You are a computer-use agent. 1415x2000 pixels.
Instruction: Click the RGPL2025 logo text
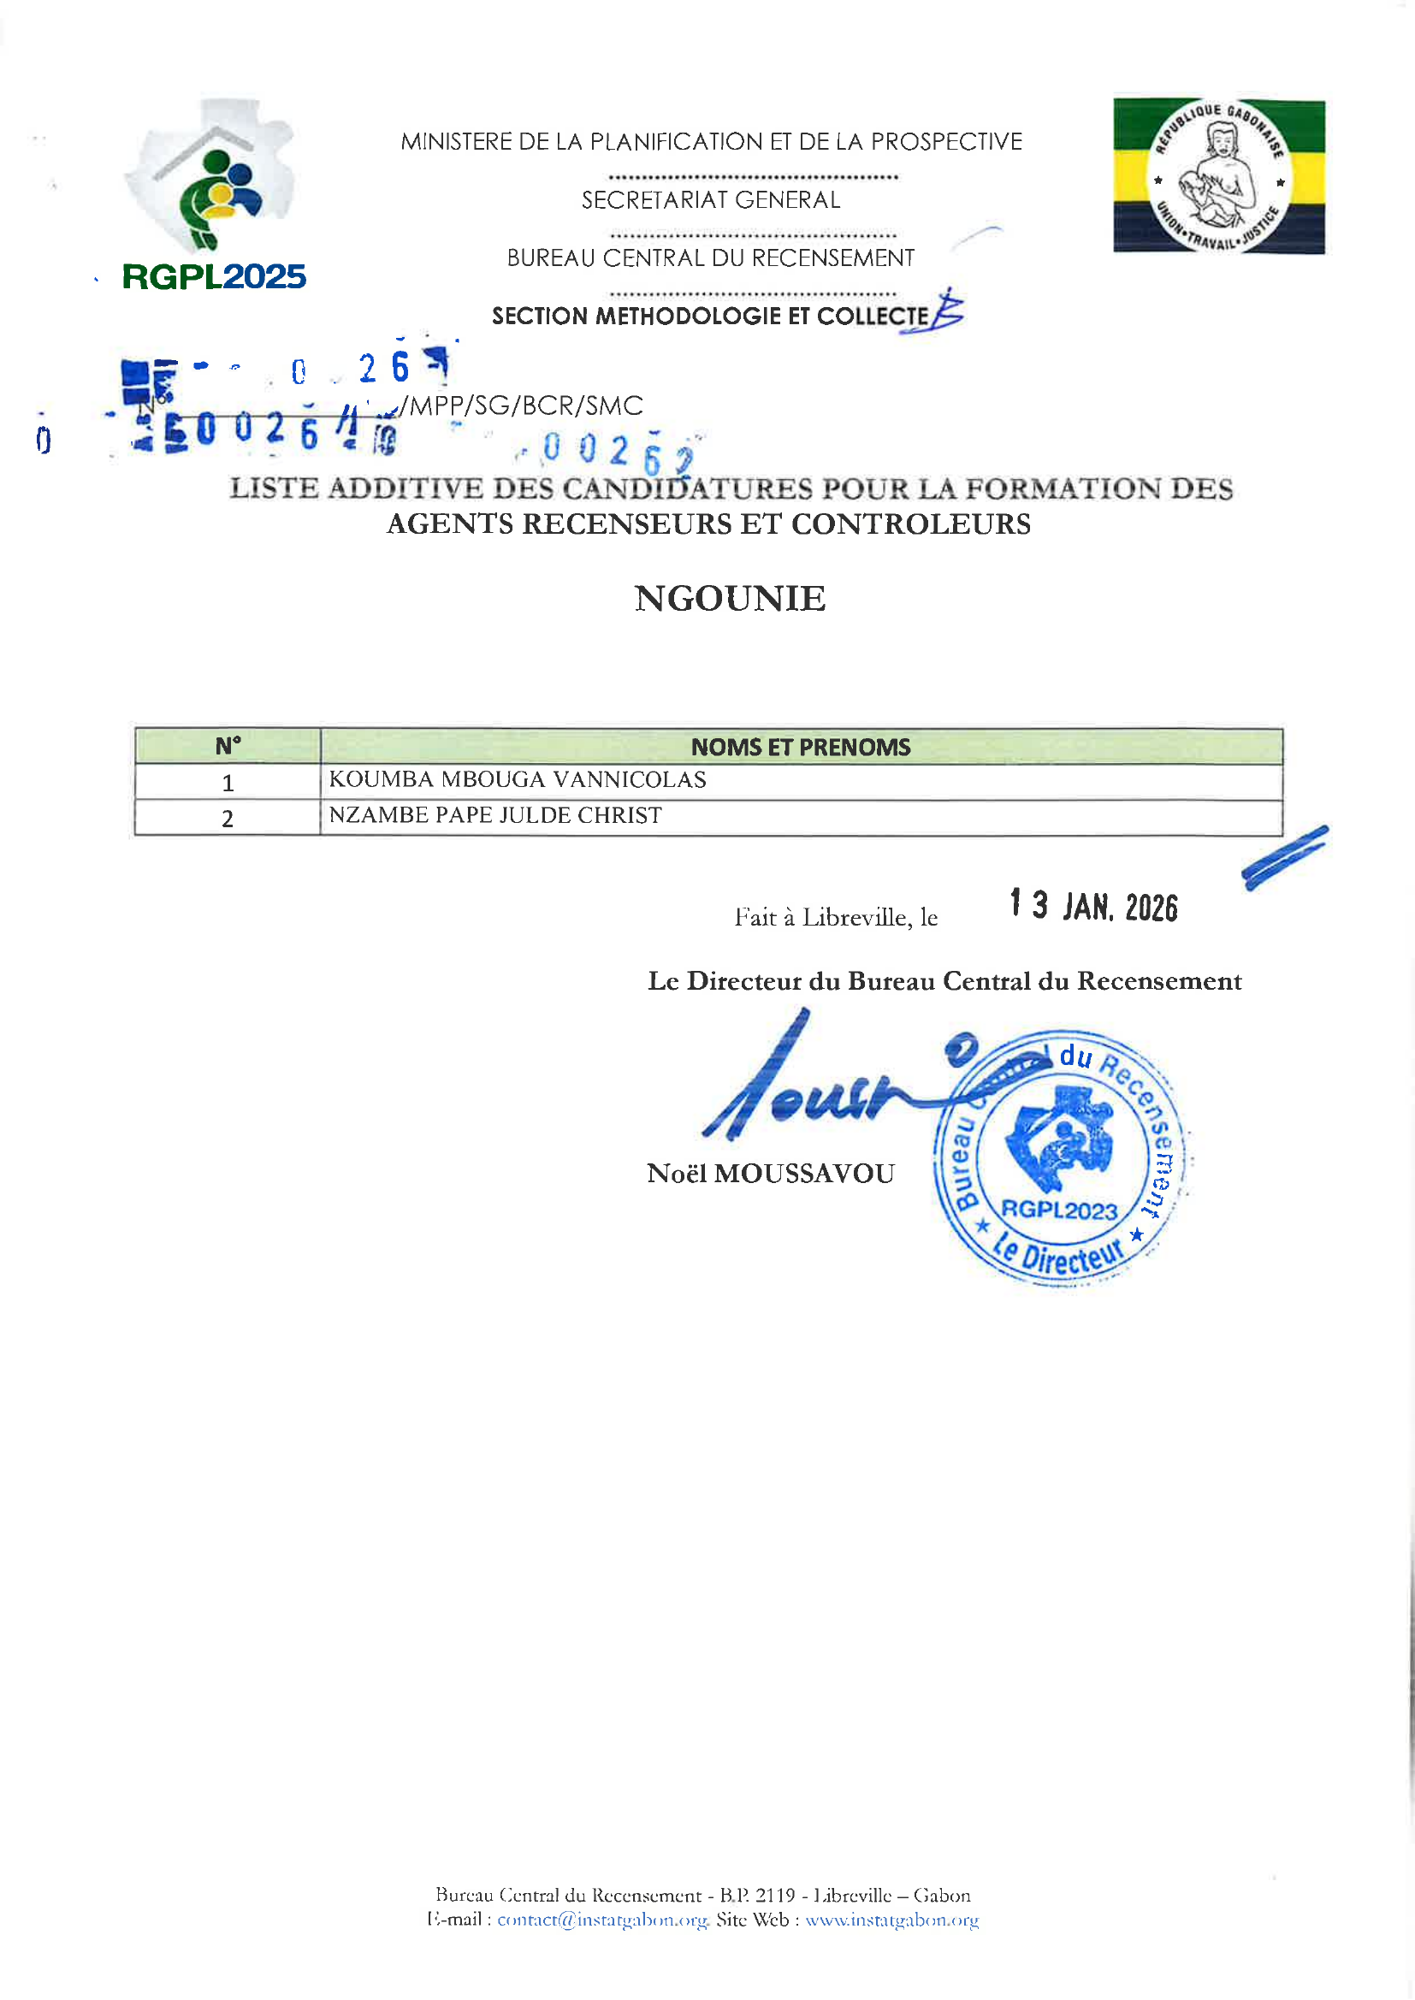tap(214, 277)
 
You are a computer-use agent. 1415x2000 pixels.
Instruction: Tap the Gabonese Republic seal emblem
tap(1219, 177)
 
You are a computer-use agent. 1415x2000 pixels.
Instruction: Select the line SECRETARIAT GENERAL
tap(711, 200)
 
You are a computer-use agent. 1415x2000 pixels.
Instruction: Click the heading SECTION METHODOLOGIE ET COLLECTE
tap(710, 316)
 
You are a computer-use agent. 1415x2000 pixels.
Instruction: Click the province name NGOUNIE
tap(730, 599)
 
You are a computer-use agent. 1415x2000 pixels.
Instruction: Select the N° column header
tap(228, 747)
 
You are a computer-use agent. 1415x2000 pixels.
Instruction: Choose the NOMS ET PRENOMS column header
tap(800, 747)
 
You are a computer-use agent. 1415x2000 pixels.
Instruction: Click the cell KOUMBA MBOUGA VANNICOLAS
tap(518, 779)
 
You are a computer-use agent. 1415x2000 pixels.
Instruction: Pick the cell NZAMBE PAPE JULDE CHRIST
tap(494, 815)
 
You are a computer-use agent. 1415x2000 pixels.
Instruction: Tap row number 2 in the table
tap(228, 818)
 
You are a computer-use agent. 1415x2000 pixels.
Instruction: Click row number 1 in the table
tap(228, 782)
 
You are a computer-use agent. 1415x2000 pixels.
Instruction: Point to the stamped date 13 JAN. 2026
tap(1093, 906)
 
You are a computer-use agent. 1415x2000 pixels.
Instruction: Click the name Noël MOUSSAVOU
tap(770, 1174)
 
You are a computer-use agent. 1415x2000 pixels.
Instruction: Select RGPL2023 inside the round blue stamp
tap(1058, 1210)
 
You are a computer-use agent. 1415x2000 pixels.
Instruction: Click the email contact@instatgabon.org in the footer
tap(602, 1920)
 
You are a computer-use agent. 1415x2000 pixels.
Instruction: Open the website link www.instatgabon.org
tap(891, 1920)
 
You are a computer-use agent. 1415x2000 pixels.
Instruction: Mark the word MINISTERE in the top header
tap(453, 142)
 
